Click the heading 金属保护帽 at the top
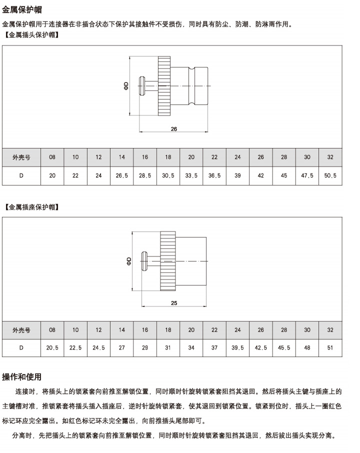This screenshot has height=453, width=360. (x=22, y=9)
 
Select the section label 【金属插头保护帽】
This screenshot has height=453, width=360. (x=32, y=35)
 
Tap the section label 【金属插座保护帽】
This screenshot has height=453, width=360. (x=32, y=207)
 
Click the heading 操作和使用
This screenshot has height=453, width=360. (x=21, y=376)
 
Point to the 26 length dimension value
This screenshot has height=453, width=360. (x=173, y=129)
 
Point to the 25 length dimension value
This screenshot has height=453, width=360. (x=174, y=303)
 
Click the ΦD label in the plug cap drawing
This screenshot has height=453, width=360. (x=126, y=86)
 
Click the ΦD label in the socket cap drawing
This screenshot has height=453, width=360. (x=129, y=261)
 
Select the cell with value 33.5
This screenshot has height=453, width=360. (x=191, y=175)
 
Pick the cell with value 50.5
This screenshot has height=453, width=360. (x=330, y=175)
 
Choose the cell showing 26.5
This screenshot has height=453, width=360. (x=121, y=175)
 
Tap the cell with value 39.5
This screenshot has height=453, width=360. (x=237, y=348)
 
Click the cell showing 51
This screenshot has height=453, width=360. (x=330, y=348)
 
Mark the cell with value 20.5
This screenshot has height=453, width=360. (x=52, y=348)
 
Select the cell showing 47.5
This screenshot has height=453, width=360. (x=307, y=175)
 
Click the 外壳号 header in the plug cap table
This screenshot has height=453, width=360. (x=21, y=157)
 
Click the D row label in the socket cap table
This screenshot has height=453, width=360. (x=21, y=348)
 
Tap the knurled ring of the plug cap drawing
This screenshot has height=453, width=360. (x=164, y=86)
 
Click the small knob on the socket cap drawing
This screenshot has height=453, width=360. (x=144, y=261)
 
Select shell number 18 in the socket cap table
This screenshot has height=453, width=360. (x=168, y=330)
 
